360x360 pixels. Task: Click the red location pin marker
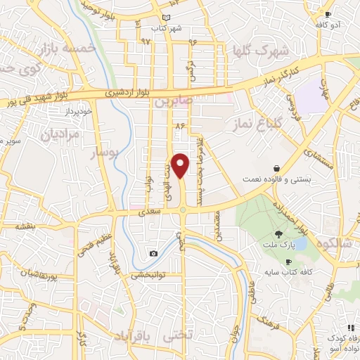[x=181, y=165]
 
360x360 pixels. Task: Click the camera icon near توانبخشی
[x=153, y=253]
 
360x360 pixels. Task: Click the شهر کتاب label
[x=167, y=28]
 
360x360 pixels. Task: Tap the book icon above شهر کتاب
[x=166, y=18]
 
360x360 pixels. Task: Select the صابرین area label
[x=173, y=102]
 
